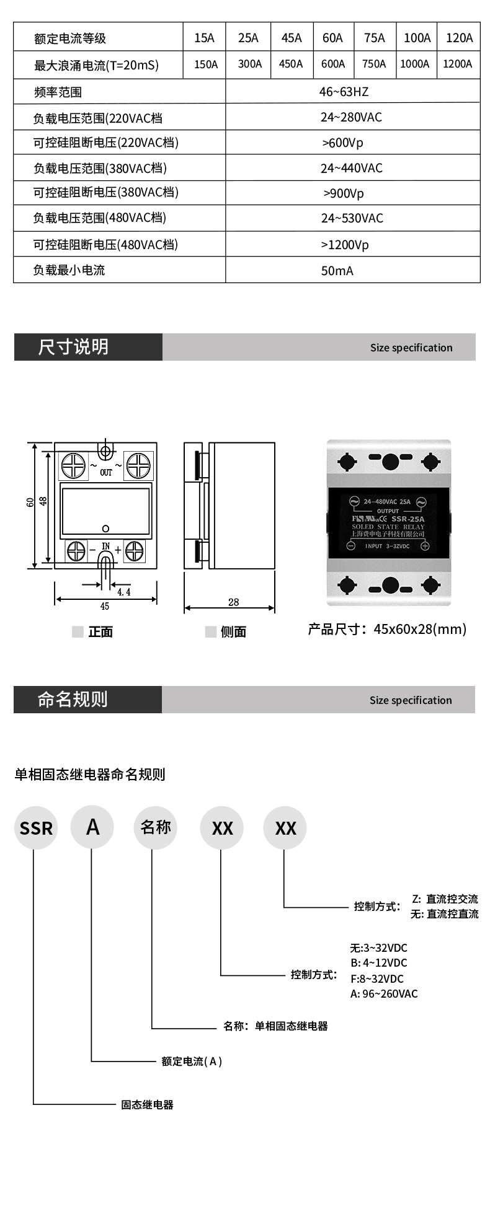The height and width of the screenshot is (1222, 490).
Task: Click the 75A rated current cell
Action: [x=374, y=38]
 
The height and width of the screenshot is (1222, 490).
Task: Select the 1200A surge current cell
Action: [x=458, y=64]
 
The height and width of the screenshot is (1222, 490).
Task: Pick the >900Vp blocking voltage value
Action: [x=344, y=193]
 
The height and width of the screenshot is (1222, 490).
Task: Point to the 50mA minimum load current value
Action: [x=337, y=271]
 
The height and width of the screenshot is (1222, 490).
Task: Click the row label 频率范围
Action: [x=58, y=92]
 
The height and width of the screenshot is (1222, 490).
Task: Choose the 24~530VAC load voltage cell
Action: [x=352, y=218]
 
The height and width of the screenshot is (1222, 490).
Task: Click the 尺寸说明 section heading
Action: [x=73, y=347]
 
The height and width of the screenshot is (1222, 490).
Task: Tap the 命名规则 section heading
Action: [x=73, y=699]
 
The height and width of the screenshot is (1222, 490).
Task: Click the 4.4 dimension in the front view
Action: [x=124, y=592]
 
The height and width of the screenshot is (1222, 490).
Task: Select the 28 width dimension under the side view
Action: [x=233, y=602]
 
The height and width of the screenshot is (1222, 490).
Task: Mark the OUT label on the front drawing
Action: [x=106, y=473]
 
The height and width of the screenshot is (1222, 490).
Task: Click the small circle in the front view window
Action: [x=105, y=528]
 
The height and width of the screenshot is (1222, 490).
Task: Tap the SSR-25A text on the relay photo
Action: [x=408, y=519]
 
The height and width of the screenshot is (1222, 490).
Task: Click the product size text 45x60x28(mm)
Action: [x=420, y=630]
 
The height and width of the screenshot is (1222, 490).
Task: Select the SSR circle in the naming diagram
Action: [x=36, y=827]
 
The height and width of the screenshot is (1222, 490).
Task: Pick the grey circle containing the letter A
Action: [x=92, y=827]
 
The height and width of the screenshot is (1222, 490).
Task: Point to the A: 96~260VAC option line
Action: [x=384, y=993]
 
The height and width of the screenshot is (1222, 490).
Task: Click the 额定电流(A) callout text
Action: [x=192, y=1061]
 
